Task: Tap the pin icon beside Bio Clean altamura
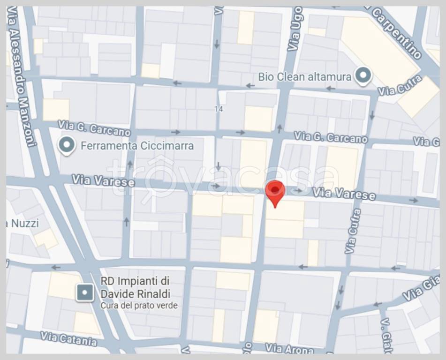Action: (x=363, y=75)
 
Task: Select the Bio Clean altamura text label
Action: (x=305, y=76)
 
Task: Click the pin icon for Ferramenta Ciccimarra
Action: (x=68, y=145)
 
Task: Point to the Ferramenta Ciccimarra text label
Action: (x=137, y=146)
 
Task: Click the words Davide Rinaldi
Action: (x=136, y=294)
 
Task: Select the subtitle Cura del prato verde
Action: (x=139, y=306)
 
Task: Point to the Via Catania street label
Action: (x=68, y=338)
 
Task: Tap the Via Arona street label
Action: (x=289, y=348)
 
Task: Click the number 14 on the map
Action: (x=218, y=109)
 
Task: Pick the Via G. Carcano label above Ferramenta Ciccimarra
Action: (x=94, y=127)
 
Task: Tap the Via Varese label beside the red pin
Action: (x=344, y=193)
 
